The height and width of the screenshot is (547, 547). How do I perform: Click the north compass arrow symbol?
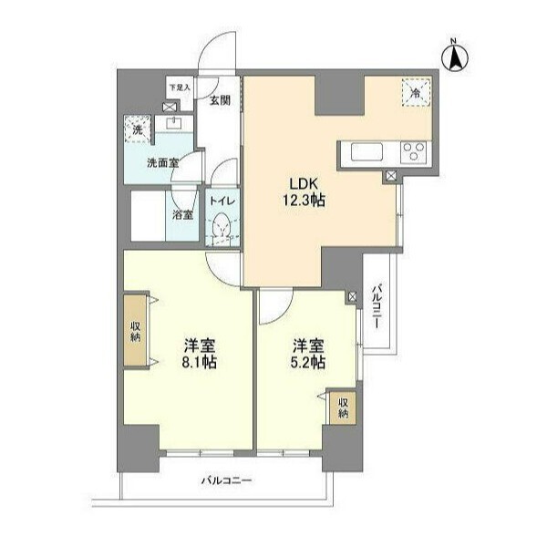point(455,57)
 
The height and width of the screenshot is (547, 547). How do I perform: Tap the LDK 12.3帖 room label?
point(304,191)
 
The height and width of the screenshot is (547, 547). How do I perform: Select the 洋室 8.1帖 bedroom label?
point(200,354)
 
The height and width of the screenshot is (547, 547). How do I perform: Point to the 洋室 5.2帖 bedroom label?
point(308,354)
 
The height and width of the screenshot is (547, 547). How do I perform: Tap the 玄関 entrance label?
point(220,100)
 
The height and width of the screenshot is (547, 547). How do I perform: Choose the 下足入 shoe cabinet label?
point(180,88)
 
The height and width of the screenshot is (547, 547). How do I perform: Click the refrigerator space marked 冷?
point(416,92)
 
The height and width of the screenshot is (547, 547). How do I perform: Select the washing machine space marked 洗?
point(138,129)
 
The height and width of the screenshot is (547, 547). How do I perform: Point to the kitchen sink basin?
point(367,152)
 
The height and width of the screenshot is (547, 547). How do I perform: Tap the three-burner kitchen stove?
point(414,151)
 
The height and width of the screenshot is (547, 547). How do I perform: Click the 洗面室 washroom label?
point(162,163)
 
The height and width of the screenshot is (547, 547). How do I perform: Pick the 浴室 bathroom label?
point(182,215)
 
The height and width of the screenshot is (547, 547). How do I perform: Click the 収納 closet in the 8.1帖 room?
point(136,331)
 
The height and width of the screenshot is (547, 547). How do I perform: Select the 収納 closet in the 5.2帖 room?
point(343,408)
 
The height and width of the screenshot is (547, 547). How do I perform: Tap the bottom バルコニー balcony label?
point(226,481)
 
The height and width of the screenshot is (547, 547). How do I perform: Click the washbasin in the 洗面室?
point(174,123)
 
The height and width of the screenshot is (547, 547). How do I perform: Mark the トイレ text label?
point(222,201)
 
